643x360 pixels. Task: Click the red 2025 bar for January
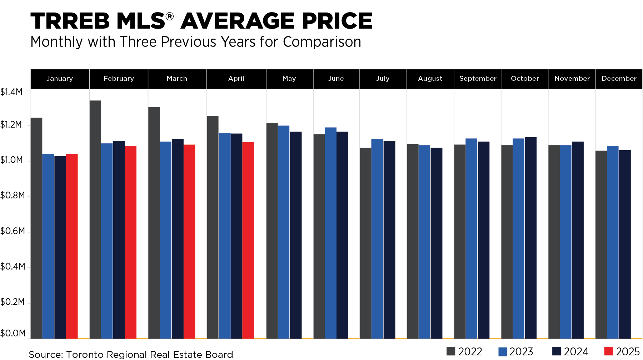pos(72,246)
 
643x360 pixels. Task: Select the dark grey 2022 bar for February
pos(95,220)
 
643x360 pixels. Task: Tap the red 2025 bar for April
pos(248,241)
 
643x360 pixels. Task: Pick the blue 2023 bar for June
pos(331,233)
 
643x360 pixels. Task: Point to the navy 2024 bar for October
pos(531,238)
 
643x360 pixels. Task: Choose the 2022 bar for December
pos(601,245)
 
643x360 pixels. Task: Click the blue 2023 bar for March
pos(166,240)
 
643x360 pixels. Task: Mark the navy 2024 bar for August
pos(437,243)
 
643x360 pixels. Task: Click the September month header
pos(478,79)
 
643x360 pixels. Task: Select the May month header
pos(289,79)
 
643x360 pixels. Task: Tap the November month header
pos(572,79)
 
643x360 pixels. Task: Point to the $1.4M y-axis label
pos(11,92)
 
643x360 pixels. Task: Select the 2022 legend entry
pos(464,351)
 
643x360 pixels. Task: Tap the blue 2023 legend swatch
pos(503,351)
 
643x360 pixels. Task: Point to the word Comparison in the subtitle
pos(322,42)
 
